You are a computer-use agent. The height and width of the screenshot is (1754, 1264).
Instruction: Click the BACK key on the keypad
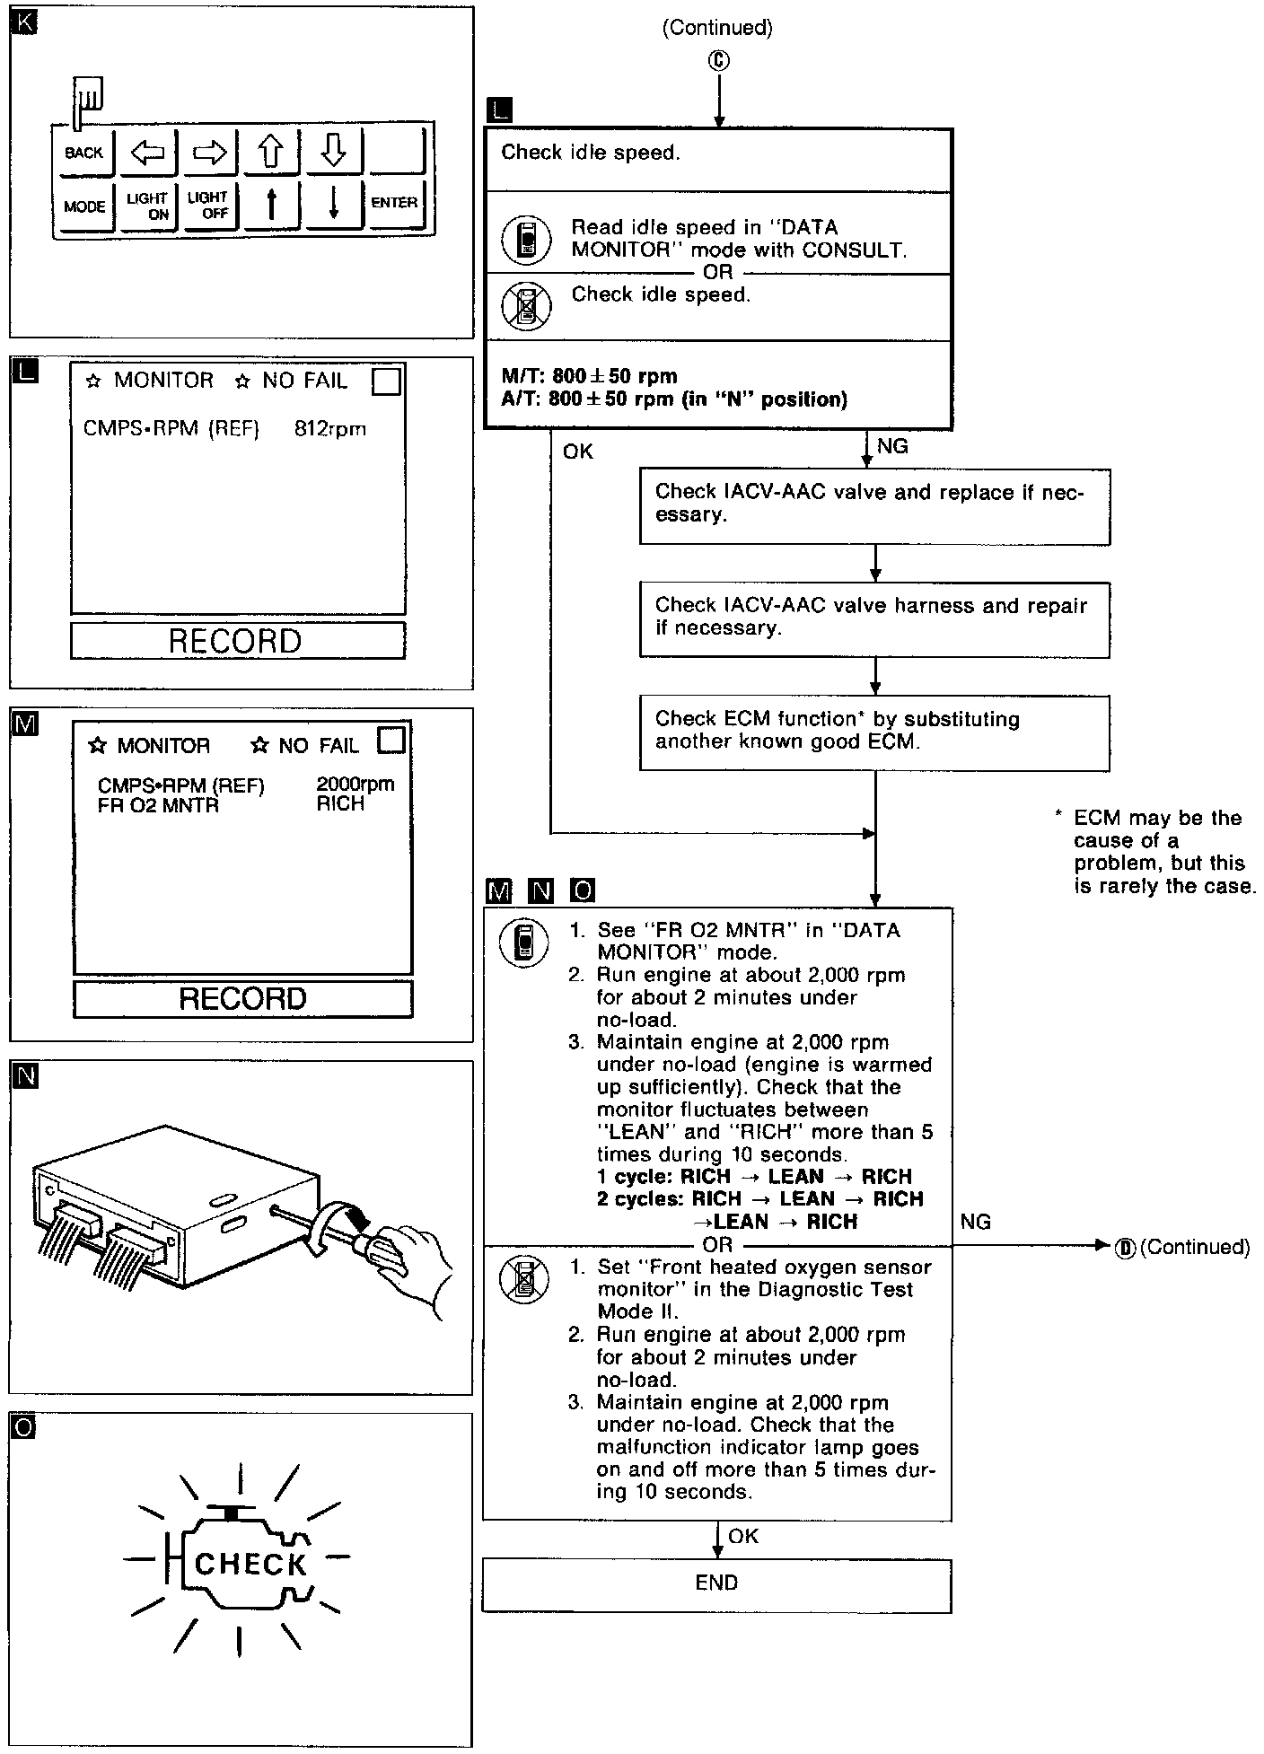(83, 153)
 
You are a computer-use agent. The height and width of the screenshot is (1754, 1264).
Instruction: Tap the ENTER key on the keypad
(394, 203)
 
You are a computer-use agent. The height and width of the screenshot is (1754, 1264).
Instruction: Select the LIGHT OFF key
(208, 206)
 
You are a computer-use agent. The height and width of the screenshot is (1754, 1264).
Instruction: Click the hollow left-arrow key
(147, 153)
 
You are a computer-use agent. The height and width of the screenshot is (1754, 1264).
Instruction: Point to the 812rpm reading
(330, 429)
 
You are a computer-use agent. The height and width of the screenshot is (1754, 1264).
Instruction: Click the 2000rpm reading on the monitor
(355, 785)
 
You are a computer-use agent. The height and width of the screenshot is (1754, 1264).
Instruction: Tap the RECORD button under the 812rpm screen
(237, 641)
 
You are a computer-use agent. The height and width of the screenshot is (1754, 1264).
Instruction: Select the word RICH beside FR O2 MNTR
(341, 804)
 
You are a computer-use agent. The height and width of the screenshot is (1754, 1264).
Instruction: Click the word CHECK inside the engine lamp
(250, 1565)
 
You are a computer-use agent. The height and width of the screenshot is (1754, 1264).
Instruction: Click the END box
(716, 1583)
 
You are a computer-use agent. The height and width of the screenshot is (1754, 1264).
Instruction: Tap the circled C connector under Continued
(718, 60)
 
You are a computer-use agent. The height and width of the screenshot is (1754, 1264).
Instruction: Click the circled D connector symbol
(1125, 1247)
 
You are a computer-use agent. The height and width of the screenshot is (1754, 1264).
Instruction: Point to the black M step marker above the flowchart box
(497, 890)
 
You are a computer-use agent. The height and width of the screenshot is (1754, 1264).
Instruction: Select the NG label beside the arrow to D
(976, 1222)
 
